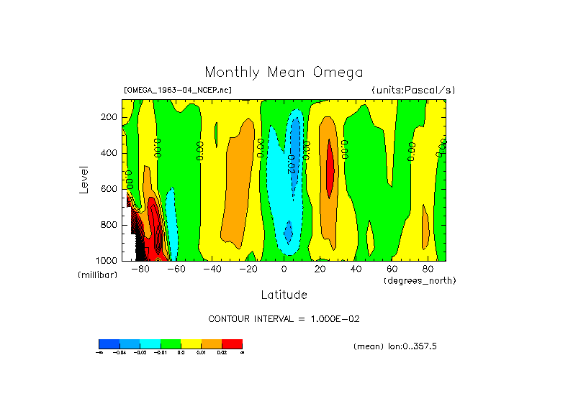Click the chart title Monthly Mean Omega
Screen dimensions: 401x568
coord(284,72)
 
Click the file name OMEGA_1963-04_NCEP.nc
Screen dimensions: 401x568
coord(178,90)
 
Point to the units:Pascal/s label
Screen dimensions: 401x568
coord(413,90)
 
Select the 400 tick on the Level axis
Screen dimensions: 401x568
coord(109,153)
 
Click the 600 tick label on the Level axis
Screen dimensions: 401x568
coord(109,189)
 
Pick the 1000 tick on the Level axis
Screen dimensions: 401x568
coord(107,260)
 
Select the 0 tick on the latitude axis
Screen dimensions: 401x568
coord(284,269)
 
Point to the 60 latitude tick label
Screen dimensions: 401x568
coord(392,269)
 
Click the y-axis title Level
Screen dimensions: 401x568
coord(85,179)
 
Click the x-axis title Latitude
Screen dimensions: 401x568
coord(284,295)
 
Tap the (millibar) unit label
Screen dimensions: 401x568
coord(97,275)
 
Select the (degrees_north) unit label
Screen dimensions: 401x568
coord(419,280)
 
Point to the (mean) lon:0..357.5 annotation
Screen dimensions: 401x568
coord(395,346)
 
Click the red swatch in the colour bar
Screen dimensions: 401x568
coord(232,344)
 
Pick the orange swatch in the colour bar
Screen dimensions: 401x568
coord(212,344)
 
